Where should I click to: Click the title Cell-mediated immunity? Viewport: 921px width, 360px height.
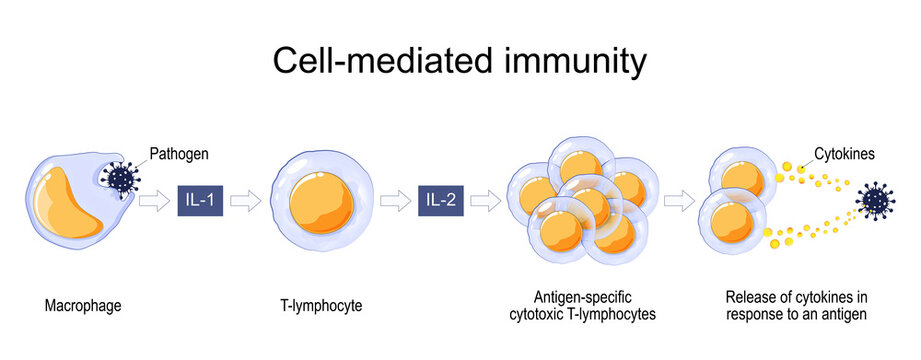tap(460, 62)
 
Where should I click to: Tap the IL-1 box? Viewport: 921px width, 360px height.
tap(200, 200)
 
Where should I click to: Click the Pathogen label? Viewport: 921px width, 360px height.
tap(179, 154)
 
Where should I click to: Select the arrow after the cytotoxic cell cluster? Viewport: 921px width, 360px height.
tap(680, 201)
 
